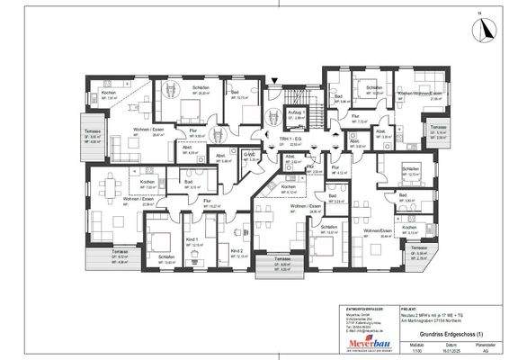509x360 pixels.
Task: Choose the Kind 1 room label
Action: click(191, 239)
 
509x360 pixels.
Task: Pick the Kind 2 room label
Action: click(237, 250)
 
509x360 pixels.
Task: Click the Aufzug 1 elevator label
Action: click(294, 112)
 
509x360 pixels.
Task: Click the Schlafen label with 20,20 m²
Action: click(202, 90)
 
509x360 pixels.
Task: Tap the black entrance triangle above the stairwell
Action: click(274, 81)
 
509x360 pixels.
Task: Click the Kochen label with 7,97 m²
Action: click(108, 94)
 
